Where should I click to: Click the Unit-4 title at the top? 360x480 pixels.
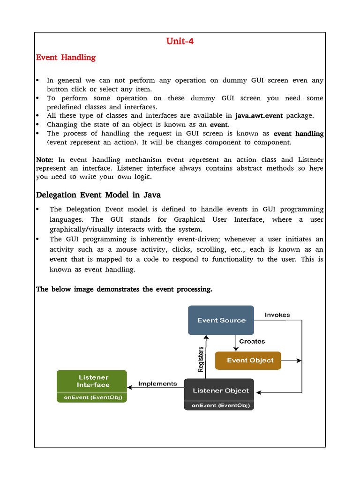[x=180, y=41]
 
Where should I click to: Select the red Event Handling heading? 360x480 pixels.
[x=66, y=57]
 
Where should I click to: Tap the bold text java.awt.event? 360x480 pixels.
[x=259, y=115]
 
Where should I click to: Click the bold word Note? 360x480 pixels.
[x=45, y=160]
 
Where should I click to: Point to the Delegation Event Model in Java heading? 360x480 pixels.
[x=98, y=195]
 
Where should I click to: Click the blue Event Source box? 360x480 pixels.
[x=221, y=320]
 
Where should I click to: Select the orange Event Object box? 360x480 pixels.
[x=248, y=360]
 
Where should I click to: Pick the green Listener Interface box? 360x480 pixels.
[x=92, y=381]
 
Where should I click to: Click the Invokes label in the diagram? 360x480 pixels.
[x=277, y=315]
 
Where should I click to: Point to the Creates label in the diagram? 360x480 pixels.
[x=252, y=341]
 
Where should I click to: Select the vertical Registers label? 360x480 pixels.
[x=201, y=359]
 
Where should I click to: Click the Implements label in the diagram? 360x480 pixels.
[x=157, y=383]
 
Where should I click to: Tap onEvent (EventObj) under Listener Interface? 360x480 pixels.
[x=92, y=397]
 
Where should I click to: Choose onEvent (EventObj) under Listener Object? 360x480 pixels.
[x=219, y=405]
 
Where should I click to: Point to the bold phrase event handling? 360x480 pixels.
[x=299, y=134]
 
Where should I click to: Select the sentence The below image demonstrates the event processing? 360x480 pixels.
[x=124, y=289]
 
